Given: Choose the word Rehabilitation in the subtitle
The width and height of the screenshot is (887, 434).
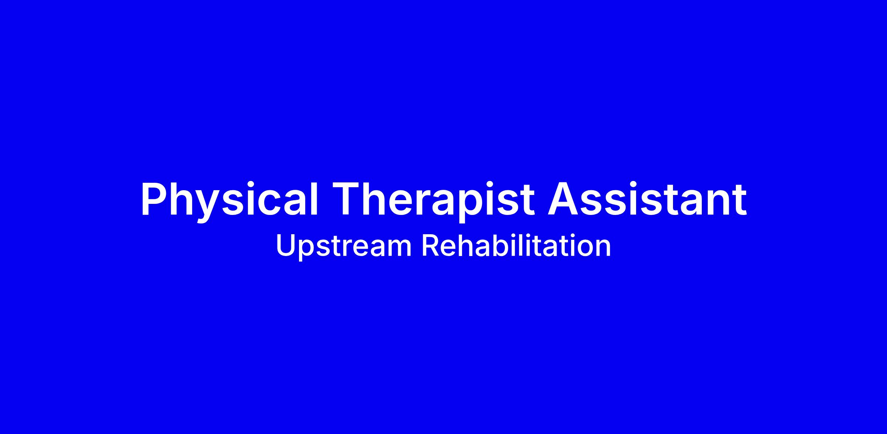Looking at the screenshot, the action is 516,245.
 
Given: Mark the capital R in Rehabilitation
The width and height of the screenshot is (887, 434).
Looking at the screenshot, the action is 431,246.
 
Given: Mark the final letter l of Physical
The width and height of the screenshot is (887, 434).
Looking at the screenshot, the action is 314,198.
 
